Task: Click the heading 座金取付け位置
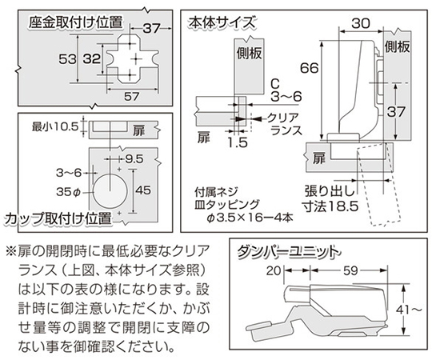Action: click(75, 22)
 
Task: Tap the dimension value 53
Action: click(67, 58)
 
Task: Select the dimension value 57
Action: click(132, 97)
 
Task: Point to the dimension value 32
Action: click(92, 58)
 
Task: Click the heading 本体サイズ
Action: click(222, 22)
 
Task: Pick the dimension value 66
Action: click(309, 68)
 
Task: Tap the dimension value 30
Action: click(361, 24)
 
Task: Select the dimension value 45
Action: click(143, 190)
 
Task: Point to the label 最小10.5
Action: click(55, 127)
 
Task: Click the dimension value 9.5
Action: click(134, 159)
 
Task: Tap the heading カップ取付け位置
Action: click(58, 218)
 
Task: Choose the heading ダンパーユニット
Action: click(288, 252)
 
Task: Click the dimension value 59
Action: click(350, 271)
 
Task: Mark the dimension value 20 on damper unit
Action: click(274, 271)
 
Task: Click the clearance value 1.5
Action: click(238, 142)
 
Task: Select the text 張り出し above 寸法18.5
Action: click(330, 191)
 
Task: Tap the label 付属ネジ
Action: click(216, 192)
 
